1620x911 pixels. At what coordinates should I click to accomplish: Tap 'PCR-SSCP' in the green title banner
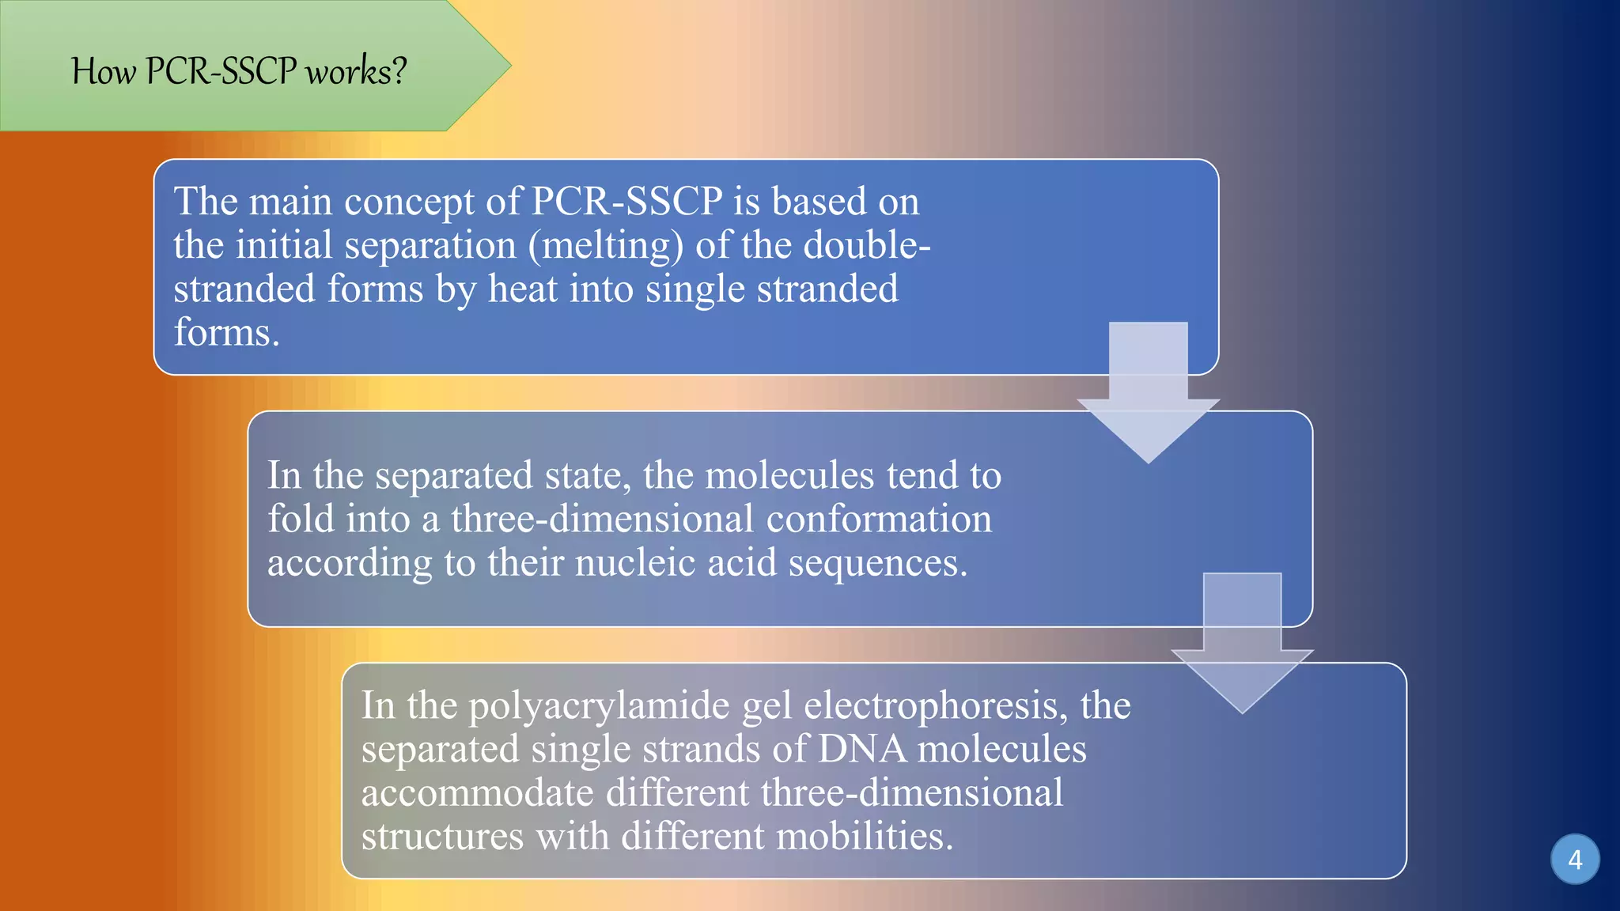click(221, 72)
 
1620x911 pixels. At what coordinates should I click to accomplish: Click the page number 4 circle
click(1574, 859)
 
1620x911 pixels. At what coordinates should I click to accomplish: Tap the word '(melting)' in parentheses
click(606, 245)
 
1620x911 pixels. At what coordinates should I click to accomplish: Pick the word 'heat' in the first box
click(523, 289)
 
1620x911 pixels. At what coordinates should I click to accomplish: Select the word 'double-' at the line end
click(867, 245)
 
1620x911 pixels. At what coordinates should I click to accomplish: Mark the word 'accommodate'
click(477, 793)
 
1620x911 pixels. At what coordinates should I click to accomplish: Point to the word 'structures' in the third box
click(442, 837)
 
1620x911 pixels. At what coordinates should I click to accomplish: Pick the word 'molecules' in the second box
click(789, 476)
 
